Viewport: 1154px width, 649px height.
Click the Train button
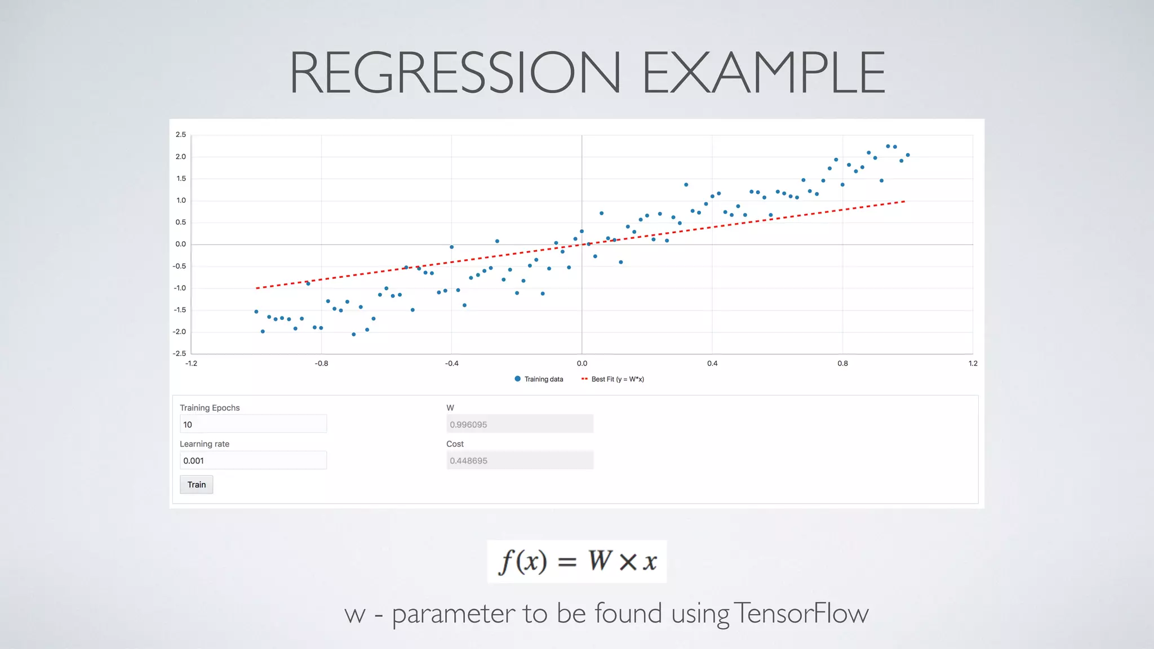click(x=196, y=484)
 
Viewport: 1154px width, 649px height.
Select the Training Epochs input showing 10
click(x=253, y=424)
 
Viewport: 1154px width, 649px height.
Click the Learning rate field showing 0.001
click(x=253, y=460)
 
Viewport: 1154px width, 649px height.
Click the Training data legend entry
click(x=539, y=379)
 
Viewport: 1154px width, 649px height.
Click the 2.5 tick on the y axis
click(x=180, y=135)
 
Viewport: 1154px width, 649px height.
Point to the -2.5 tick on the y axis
click(x=179, y=353)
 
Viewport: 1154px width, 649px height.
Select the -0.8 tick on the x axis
click(x=321, y=363)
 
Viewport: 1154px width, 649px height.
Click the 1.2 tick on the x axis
click(x=973, y=363)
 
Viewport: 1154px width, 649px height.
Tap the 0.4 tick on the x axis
click(x=712, y=363)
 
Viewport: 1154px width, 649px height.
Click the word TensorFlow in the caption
click(x=802, y=613)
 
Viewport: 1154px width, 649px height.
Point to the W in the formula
click(x=600, y=561)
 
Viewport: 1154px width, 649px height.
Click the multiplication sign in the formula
click(x=628, y=562)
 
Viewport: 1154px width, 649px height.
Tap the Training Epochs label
click(x=210, y=408)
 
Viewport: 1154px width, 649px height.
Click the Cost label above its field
click(x=455, y=444)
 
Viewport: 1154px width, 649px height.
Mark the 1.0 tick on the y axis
click(x=181, y=201)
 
